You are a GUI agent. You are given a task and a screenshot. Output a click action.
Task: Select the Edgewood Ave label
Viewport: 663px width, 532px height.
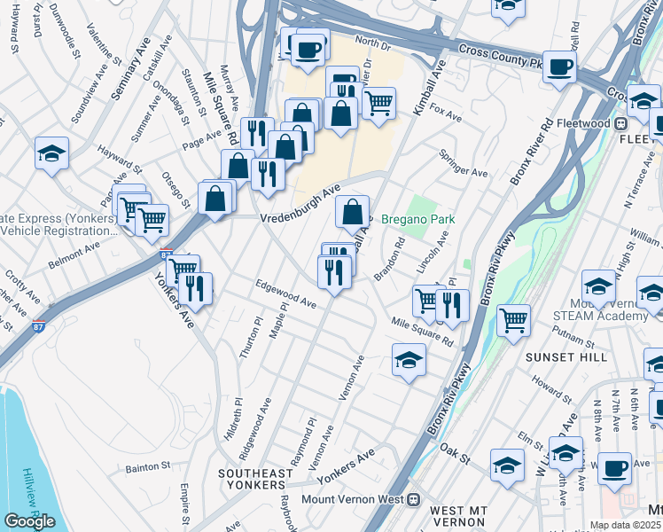(285, 293)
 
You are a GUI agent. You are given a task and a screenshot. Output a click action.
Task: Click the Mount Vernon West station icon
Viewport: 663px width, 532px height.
(413, 499)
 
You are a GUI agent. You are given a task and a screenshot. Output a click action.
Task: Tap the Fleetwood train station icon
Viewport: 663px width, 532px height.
(621, 122)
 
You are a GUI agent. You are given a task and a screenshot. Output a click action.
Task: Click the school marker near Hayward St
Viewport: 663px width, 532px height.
(52, 153)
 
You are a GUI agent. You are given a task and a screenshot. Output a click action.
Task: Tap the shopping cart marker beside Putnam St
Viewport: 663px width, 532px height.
(514, 320)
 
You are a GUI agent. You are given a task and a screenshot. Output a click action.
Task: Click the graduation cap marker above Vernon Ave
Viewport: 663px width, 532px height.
(409, 360)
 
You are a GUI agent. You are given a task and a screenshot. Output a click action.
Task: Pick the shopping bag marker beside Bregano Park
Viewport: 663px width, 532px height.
(353, 212)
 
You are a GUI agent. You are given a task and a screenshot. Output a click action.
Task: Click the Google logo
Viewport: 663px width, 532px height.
(29, 521)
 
